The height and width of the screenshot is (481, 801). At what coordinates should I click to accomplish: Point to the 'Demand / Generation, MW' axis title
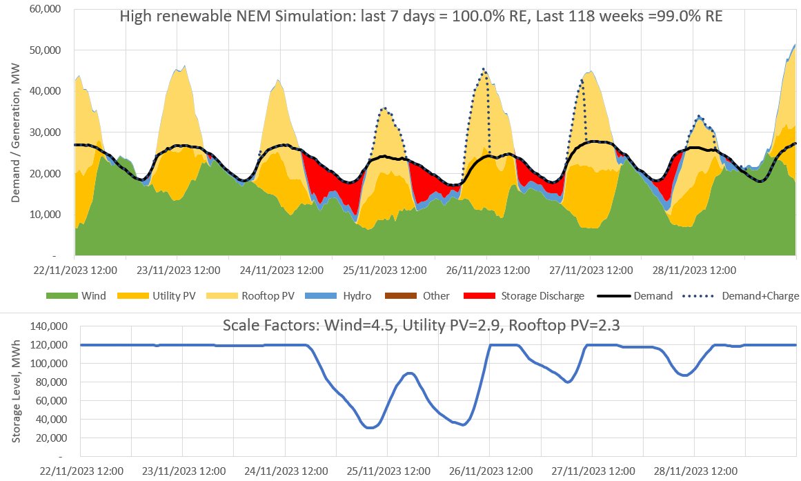(x=15, y=131)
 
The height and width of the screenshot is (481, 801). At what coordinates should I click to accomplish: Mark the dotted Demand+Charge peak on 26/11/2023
(x=484, y=69)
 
